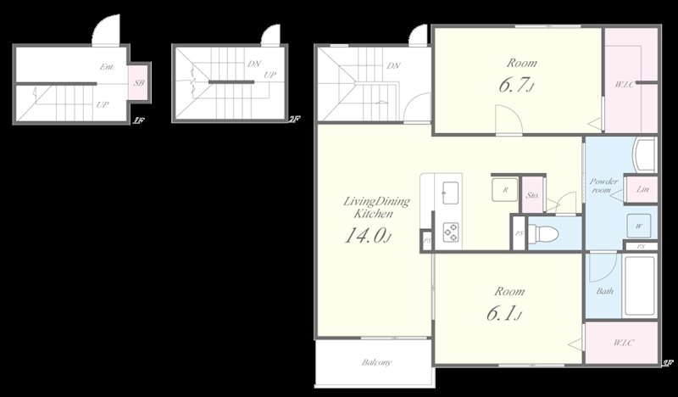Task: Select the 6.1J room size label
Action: (503, 313)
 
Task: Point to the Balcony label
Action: (376, 363)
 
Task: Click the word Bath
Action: (605, 292)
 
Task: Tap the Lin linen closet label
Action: (642, 189)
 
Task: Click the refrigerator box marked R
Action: (504, 190)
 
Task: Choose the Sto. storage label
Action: (532, 195)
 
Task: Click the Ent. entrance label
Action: (107, 66)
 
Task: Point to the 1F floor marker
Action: (137, 120)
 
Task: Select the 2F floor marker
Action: (293, 120)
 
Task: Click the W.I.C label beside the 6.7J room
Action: (621, 84)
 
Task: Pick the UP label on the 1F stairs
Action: (101, 105)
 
